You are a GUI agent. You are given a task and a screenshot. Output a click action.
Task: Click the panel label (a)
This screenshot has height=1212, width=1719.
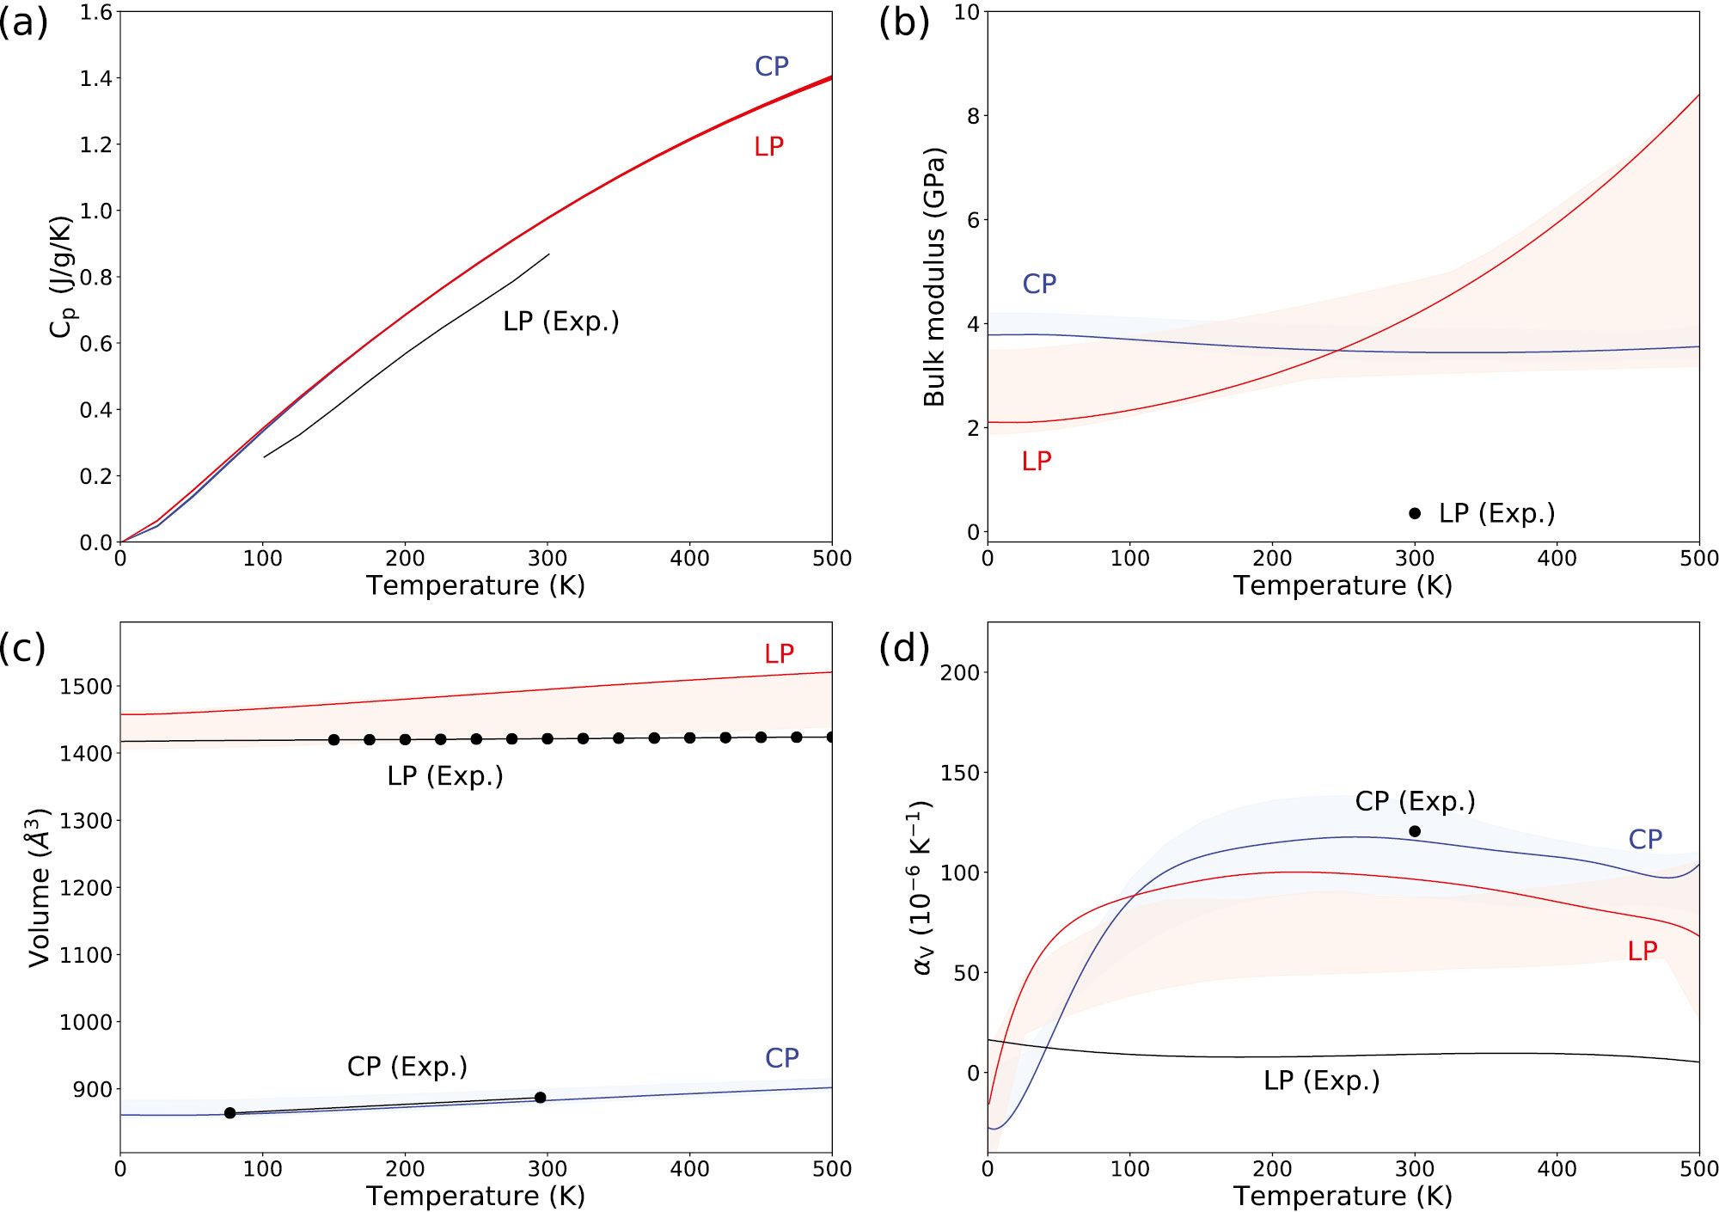click(x=23, y=22)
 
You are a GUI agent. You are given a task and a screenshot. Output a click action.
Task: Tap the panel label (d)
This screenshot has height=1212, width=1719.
click(x=903, y=647)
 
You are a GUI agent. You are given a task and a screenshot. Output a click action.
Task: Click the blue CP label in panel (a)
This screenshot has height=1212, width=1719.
click(x=771, y=66)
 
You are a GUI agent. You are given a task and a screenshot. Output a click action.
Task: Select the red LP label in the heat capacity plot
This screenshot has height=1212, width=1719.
click(x=768, y=147)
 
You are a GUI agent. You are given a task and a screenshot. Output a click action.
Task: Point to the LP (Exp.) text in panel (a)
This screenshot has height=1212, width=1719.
click(x=560, y=321)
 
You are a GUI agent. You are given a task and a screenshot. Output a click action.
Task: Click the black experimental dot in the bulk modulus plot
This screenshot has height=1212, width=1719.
click(x=1415, y=513)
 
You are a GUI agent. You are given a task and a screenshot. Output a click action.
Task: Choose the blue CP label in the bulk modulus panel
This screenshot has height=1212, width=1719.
click(x=1038, y=284)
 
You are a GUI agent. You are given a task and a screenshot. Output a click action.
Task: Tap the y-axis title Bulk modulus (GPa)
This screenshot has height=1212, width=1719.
click(x=933, y=277)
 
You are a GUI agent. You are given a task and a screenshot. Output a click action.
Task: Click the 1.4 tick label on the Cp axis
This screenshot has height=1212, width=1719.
click(x=95, y=79)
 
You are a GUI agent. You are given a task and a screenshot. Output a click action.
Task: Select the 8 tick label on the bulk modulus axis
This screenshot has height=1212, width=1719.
click(x=973, y=116)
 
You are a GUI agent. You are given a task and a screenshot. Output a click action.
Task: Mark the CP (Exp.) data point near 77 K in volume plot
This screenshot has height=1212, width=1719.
click(x=229, y=1113)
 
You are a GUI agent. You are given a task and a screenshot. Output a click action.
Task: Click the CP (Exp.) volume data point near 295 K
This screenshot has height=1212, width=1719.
click(x=541, y=1098)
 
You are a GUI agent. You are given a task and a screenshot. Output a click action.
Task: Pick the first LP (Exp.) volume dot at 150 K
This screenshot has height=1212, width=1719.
click(x=334, y=739)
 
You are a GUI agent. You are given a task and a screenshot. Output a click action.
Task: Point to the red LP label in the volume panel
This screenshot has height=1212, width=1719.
click(x=779, y=654)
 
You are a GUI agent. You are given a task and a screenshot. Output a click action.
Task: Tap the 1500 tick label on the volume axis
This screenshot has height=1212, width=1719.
click(x=86, y=687)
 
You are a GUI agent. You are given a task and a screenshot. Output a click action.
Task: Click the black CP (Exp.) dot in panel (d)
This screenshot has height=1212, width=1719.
click(x=1415, y=831)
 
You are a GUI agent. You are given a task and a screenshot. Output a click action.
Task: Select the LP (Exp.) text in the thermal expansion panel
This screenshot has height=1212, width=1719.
click(x=1321, y=1080)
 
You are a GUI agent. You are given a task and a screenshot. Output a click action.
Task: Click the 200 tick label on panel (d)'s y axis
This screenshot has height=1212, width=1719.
click(x=960, y=673)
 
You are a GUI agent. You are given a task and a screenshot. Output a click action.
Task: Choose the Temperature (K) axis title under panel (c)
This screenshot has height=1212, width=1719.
click(x=475, y=1196)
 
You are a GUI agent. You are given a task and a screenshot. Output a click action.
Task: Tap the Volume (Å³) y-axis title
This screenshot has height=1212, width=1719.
click(x=40, y=887)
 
